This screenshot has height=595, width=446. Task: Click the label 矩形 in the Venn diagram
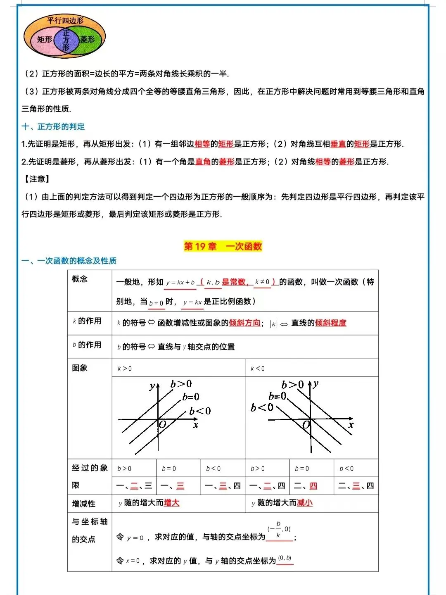pos(45,39)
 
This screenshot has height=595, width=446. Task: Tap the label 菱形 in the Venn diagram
pos(88,39)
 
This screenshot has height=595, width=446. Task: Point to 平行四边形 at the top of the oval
pos(65,20)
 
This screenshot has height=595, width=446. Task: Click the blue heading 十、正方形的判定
pos(53,126)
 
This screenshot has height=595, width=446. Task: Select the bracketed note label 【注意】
pos(37,179)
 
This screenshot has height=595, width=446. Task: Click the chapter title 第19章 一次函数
pos(223,246)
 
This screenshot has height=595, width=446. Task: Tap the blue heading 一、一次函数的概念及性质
pos(69,261)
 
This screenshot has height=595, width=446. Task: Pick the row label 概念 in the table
pos(80,279)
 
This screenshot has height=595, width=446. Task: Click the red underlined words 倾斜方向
pos(244,323)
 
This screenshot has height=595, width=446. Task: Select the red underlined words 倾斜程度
pos(331,323)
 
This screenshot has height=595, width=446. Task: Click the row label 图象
pos(80,368)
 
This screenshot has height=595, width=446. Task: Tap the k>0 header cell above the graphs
pos(125,369)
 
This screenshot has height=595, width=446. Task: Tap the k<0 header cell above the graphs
pos(258,369)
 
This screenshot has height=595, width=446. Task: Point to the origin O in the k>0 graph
pos(162,424)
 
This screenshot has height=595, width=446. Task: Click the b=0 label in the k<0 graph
pos(278,396)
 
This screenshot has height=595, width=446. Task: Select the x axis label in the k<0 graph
pos(351,425)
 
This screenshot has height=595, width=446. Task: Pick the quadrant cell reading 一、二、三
pos(134,486)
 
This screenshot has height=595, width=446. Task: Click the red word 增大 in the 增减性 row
pos(171,503)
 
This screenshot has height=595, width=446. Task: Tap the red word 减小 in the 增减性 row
pos(305,503)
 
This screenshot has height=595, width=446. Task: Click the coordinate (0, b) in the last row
pos(285,558)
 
